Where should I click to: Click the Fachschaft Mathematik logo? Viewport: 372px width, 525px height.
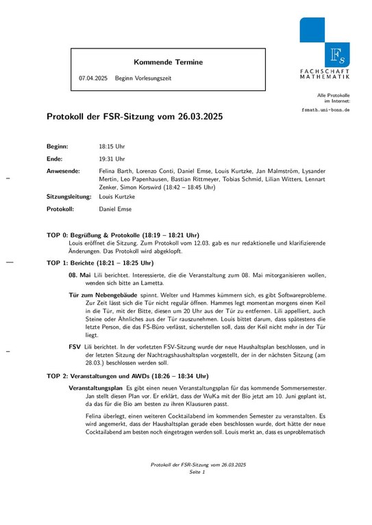324,47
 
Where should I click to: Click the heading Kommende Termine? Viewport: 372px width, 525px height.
169,62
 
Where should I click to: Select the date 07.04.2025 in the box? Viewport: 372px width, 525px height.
93,79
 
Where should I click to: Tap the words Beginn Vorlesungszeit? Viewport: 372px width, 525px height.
143,79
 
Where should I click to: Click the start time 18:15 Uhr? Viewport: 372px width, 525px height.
112,146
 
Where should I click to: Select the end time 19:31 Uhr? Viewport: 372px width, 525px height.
112,158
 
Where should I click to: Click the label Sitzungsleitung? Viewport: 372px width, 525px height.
69,196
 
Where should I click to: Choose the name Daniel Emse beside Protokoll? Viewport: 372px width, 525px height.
116,208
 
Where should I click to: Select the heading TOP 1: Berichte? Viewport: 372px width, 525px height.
100,262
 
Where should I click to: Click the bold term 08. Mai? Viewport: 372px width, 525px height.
79,274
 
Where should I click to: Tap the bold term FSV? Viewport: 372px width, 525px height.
75,347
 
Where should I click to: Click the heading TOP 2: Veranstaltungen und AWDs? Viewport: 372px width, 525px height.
127,376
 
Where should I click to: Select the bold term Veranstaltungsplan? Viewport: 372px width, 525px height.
96,388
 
